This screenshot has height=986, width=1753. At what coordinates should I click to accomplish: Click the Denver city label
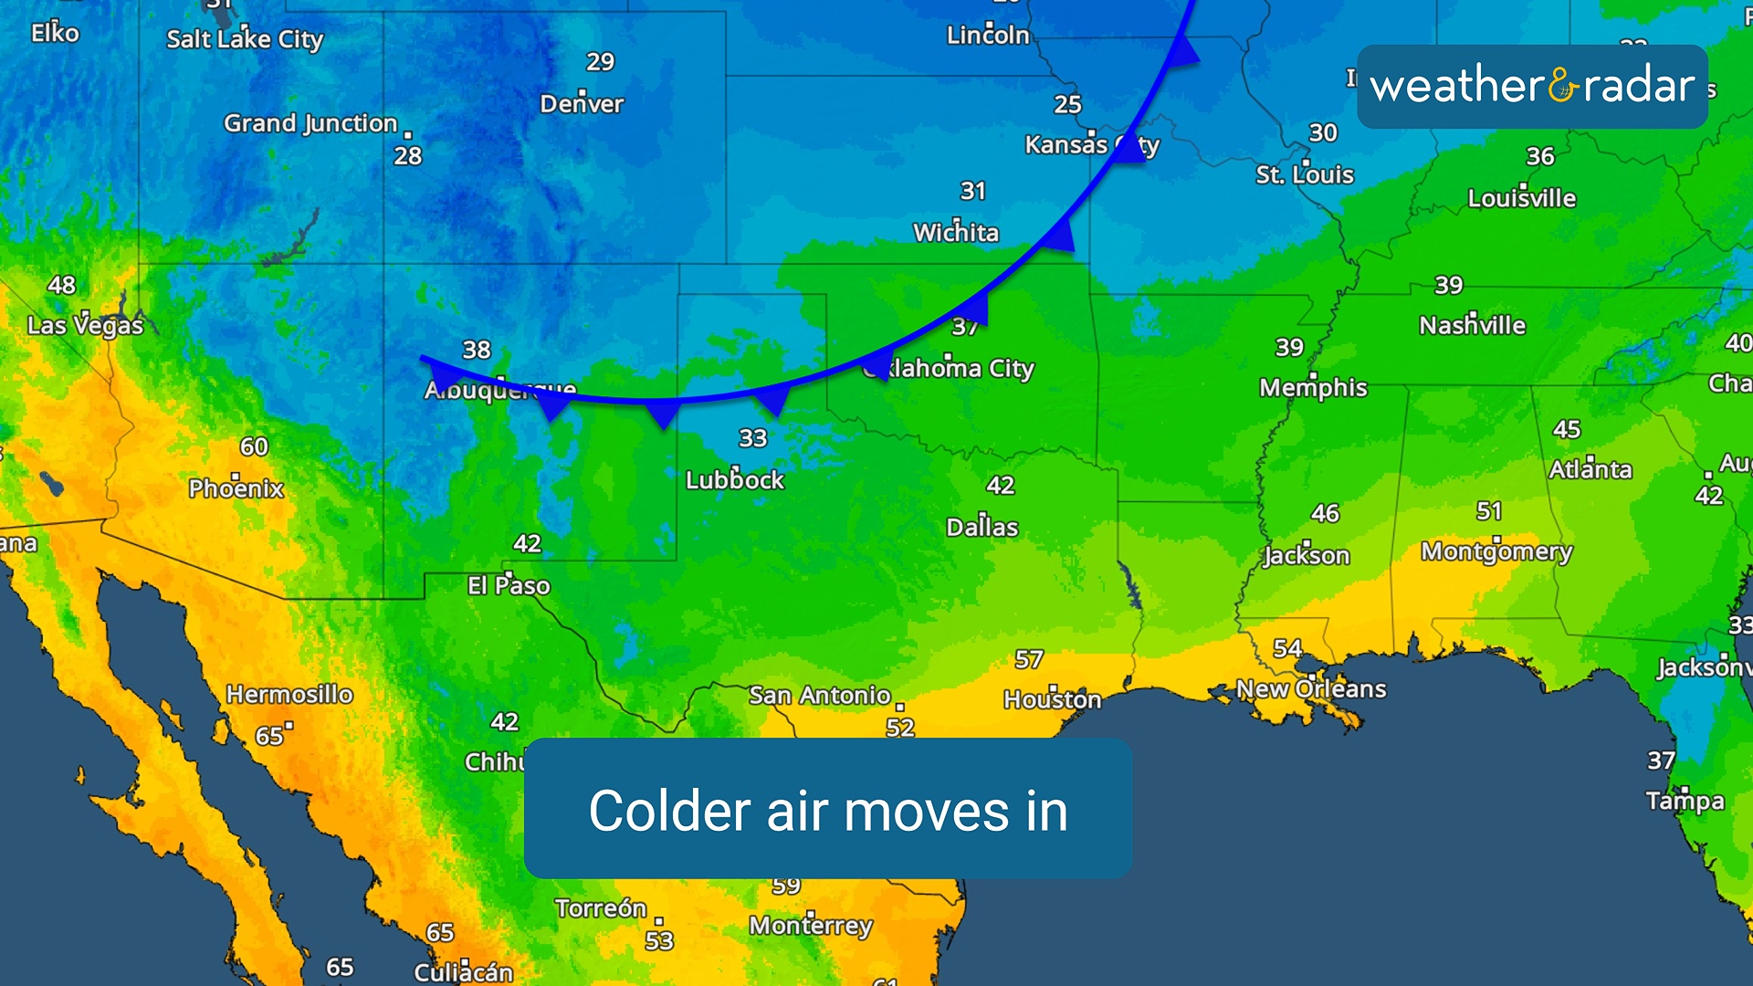[582, 104]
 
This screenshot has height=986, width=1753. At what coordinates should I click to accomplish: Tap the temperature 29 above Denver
[600, 62]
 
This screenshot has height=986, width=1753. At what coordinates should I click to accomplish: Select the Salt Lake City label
[245, 39]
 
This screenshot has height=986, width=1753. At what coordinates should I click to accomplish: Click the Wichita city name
[956, 233]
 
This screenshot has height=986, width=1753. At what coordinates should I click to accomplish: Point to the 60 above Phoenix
[254, 446]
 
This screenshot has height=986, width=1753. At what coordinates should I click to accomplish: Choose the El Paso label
[509, 585]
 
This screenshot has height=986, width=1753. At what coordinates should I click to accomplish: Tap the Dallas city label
[981, 528]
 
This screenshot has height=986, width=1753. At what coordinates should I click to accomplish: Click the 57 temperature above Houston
[1029, 659]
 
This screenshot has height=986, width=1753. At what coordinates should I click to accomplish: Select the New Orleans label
[1311, 689]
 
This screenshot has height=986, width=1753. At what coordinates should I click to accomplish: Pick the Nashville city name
[1472, 326]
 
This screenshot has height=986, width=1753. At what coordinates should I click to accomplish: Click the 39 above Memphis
[1289, 348]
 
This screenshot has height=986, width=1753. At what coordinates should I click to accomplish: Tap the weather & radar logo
[1532, 87]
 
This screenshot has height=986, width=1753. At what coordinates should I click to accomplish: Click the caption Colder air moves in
[828, 810]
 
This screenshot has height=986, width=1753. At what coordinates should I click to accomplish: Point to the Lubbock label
[735, 480]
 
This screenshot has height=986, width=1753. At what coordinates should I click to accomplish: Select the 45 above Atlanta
[1567, 429]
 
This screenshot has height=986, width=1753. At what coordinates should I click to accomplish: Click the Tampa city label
[1685, 802]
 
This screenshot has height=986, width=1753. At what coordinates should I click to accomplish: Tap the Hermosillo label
[289, 695]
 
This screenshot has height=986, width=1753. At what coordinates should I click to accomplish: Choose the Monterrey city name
[811, 926]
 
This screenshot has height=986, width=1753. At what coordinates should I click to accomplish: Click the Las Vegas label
[85, 326]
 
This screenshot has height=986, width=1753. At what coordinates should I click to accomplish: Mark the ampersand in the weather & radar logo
[1563, 87]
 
